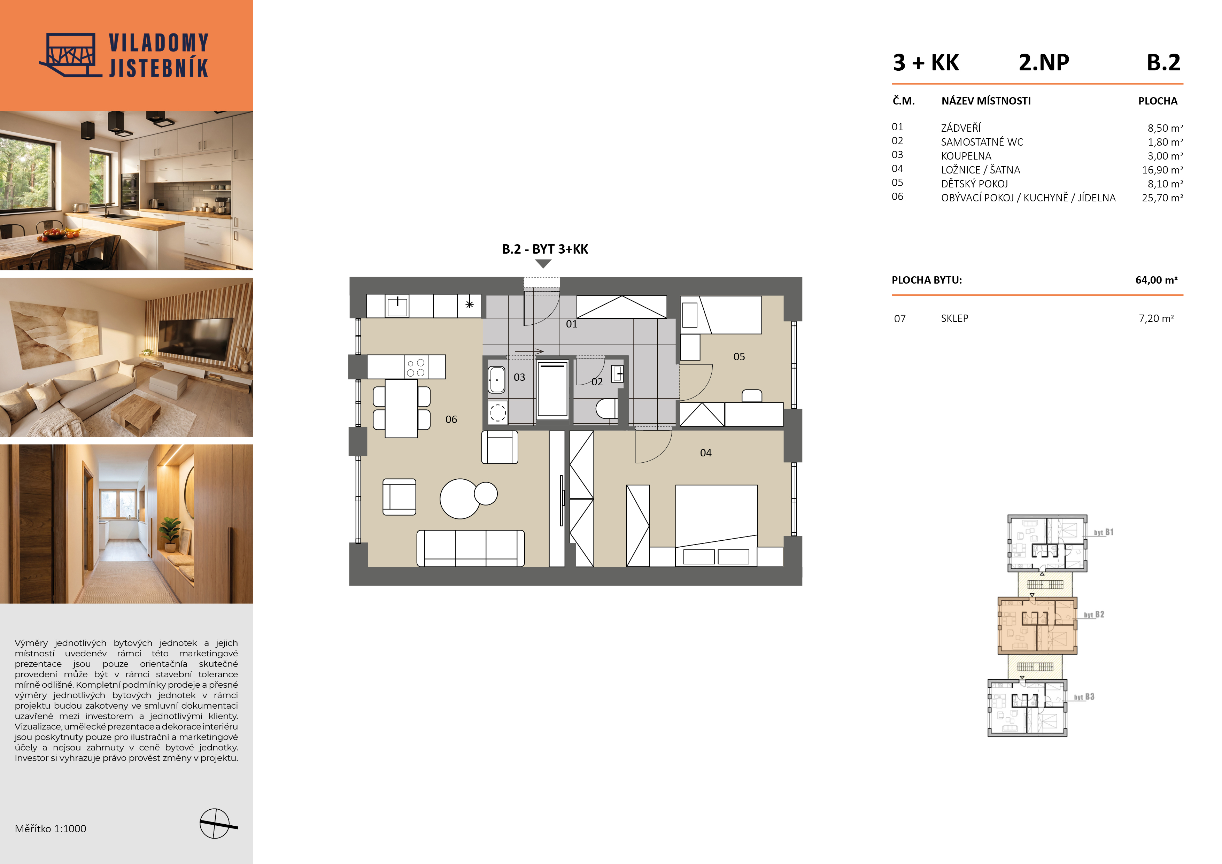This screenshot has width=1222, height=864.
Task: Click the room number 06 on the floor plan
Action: pos(451,419)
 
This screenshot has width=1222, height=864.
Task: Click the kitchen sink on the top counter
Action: pos(397,307)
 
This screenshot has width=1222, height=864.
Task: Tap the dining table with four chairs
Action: pos(401,408)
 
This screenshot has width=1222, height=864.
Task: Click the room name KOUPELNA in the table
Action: pos(966,156)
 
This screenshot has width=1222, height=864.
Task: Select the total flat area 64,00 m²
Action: pos(1157,280)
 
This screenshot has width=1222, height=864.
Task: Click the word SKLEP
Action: pos(954,318)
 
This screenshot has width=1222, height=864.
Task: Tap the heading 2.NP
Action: pos(1044,63)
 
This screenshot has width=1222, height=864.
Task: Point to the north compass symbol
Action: pos(216,824)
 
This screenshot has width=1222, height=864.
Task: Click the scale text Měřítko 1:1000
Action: pos(51,828)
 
